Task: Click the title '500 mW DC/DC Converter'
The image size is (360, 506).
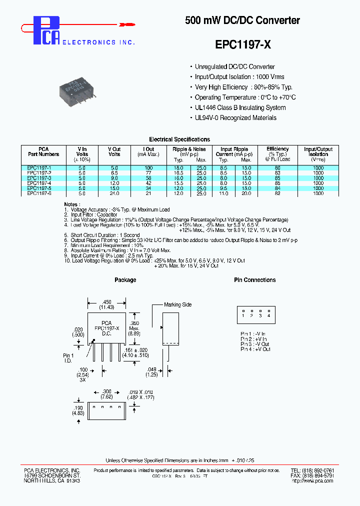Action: pos(242,20)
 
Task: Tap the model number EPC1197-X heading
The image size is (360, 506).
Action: pos(243,44)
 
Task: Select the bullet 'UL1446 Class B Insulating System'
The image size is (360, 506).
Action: pos(240,107)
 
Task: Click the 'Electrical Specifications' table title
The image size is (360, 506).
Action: pos(179,139)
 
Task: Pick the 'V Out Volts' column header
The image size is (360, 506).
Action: pos(114,151)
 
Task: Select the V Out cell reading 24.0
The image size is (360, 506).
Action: pos(114,193)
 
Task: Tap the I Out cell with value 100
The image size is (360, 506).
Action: pos(148,168)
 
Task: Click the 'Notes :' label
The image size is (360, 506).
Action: pos(72,204)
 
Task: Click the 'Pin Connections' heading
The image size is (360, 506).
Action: pos(254,280)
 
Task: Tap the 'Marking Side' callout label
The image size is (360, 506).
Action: pos(178,304)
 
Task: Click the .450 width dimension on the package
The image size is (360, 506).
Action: pos(106,304)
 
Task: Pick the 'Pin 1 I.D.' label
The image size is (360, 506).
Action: pos(68,358)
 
